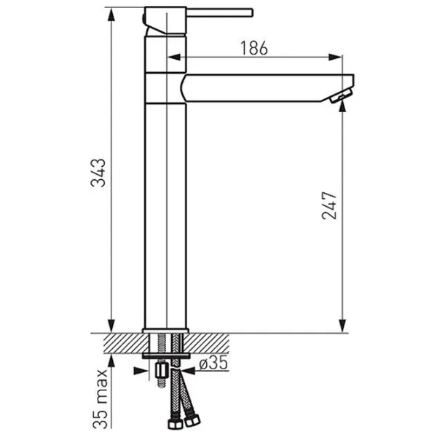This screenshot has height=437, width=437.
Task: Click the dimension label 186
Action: coord(253,48)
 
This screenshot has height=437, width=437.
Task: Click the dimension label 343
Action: coord(98,173)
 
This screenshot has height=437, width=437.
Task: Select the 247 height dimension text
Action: coord(329,205)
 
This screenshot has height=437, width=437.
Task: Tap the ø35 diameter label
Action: coord(213,363)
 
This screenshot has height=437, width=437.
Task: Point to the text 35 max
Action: coord(100,399)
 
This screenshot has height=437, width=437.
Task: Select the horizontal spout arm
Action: coord(267,88)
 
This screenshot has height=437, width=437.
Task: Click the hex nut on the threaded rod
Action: coord(161,371)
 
